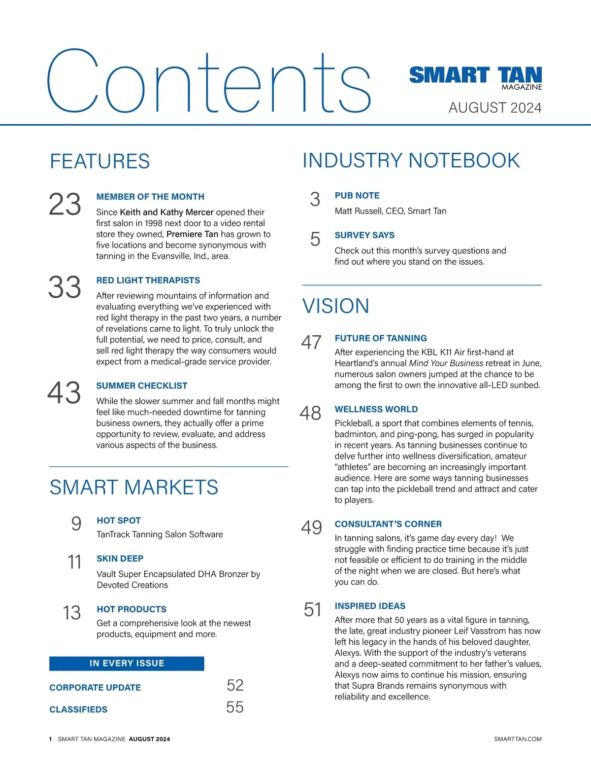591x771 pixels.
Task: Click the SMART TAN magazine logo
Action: click(x=475, y=77)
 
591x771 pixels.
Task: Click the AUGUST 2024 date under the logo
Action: click(x=494, y=108)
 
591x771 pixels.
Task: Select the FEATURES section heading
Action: click(x=100, y=162)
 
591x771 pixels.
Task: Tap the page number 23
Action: click(x=65, y=205)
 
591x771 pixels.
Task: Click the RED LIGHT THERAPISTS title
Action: click(x=148, y=280)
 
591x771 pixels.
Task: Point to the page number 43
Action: click(x=64, y=393)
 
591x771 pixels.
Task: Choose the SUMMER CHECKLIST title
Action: click(x=142, y=386)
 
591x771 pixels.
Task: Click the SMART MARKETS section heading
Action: click(x=134, y=488)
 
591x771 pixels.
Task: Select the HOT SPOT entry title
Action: click(x=119, y=521)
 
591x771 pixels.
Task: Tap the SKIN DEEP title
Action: click(x=120, y=559)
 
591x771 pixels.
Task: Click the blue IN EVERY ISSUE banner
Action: click(x=127, y=664)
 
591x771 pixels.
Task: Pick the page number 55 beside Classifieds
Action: click(x=235, y=707)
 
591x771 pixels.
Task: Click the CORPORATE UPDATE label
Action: click(x=95, y=688)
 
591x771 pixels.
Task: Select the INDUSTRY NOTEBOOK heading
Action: click(x=411, y=161)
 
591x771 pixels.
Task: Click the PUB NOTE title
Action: click(x=357, y=196)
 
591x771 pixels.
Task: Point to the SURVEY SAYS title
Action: click(x=364, y=235)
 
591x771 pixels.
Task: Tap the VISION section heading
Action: click(x=336, y=306)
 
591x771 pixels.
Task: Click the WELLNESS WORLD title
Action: click(x=376, y=409)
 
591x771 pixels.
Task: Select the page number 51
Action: click(x=313, y=610)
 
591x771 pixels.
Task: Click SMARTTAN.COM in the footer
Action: click(x=518, y=739)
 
